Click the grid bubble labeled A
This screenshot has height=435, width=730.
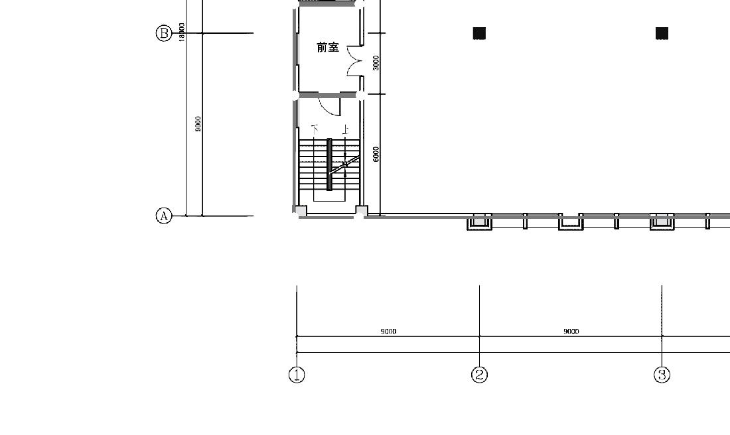pyautogui.click(x=163, y=216)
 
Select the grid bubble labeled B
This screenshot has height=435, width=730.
pyautogui.click(x=163, y=34)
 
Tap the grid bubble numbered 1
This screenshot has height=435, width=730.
pyautogui.click(x=297, y=375)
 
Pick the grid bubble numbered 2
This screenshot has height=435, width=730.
pyautogui.click(x=480, y=375)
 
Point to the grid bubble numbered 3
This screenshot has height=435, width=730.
pyautogui.click(x=662, y=375)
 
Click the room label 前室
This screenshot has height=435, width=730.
pyautogui.click(x=328, y=48)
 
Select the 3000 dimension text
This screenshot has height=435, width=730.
pyautogui.click(x=376, y=63)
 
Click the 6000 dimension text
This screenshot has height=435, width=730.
pyautogui.click(x=376, y=155)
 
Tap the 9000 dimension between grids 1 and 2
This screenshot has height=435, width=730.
pyautogui.click(x=388, y=332)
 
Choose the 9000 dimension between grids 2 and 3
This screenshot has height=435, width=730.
pyautogui.click(x=571, y=332)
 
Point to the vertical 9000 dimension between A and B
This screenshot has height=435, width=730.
pyautogui.click(x=198, y=124)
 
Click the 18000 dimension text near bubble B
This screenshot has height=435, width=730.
pyautogui.click(x=182, y=32)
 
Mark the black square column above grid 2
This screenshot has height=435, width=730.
pyautogui.click(x=480, y=34)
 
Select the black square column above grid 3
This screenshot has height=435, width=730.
pyautogui.click(x=662, y=34)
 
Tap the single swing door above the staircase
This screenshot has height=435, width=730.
pyautogui.click(x=330, y=106)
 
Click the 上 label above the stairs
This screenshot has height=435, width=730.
pyautogui.click(x=345, y=129)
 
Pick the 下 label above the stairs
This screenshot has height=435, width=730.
pyautogui.click(x=315, y=129)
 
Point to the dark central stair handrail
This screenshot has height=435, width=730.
pyautogui.click(x=330, y=164)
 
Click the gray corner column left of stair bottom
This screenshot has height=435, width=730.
pyautogui.click(x=300, y=211)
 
